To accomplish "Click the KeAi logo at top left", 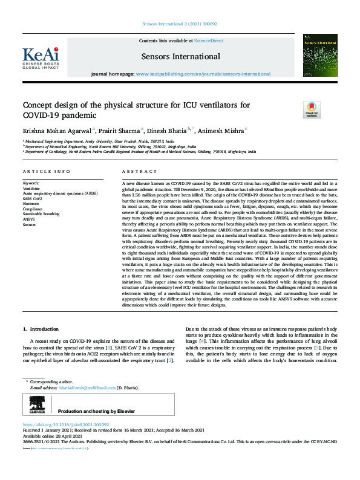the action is [x=41, y=58].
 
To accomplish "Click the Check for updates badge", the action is [x=311, y=109].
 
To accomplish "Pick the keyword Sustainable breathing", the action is [x=41, y=214].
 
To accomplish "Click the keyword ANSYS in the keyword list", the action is [x=29, y=219].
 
